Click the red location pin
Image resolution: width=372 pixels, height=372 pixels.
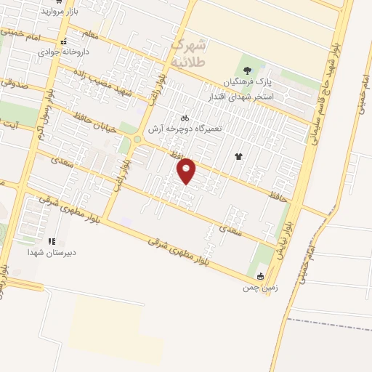click(187, 170)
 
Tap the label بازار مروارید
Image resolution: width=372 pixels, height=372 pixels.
click(59, 12)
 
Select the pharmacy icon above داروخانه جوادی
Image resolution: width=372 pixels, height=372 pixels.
click(65, 41)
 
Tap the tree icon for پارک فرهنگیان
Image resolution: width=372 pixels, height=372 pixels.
click(248, 70)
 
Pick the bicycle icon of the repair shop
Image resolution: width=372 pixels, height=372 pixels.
click(185, 117)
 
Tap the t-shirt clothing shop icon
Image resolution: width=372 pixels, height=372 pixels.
click(238, 155)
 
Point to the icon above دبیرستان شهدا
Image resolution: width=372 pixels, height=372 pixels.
click(51, 241)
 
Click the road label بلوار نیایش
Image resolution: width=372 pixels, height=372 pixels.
click(283, 240)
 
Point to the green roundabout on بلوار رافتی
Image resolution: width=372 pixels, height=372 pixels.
click(137, 139)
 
